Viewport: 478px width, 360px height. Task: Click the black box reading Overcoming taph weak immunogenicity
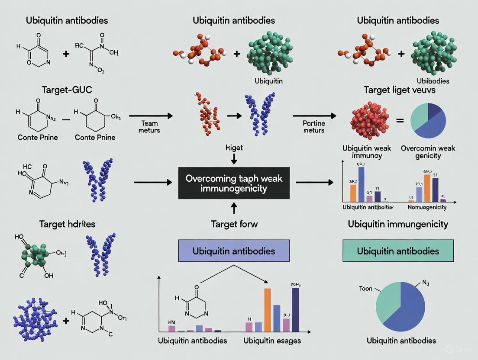point(234,183)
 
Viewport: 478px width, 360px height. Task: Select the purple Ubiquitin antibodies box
point(234,251)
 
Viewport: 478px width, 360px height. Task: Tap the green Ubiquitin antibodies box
point(398,251)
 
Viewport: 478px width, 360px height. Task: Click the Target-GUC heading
point(68,90)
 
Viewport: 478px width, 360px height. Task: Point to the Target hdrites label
point(67,224)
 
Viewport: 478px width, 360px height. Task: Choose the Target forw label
point(234,224)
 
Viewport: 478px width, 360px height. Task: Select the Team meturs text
point(150,126)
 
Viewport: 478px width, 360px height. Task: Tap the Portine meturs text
point(314,126)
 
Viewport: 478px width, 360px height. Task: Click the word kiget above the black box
point(234,148)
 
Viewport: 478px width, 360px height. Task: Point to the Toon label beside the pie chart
point(366,288)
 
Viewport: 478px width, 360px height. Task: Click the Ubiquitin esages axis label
point(272,341)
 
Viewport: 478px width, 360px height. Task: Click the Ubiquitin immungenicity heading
point(397,224)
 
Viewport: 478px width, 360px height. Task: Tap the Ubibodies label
point(433,81)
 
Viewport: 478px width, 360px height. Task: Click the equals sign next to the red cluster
point(400,121)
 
